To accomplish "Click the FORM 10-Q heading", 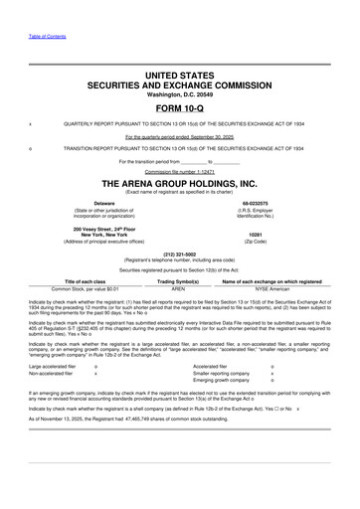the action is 179,107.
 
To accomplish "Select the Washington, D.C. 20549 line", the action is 179,93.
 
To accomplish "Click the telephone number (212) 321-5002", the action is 179,253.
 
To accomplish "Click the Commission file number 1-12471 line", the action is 179,171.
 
